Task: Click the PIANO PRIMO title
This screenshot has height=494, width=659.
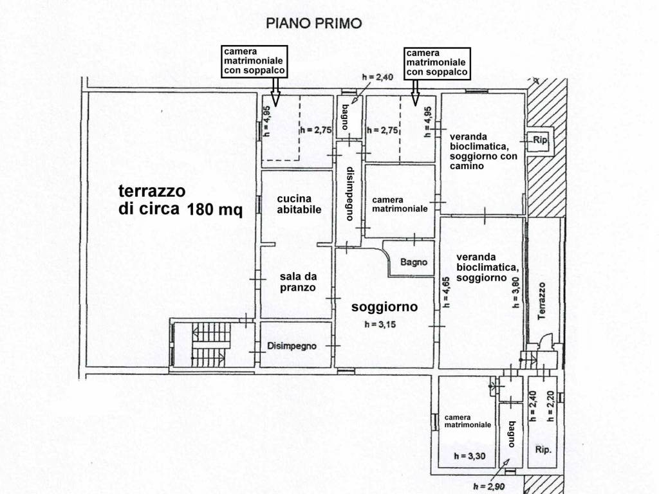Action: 314,24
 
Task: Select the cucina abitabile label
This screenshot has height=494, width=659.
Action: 299,204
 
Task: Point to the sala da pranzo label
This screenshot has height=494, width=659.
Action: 298,282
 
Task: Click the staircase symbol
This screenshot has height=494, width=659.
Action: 208,343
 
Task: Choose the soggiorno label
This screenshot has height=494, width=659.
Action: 385,307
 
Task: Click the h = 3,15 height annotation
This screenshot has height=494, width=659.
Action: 385,325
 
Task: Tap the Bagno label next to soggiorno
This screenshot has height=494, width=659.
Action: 413,262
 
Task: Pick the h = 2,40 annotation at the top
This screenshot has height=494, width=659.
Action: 377,77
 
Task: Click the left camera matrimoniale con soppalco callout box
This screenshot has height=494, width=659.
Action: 254,62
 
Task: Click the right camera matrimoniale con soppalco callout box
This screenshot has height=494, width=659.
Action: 437,62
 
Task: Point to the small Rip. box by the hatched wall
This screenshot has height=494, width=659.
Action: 538,139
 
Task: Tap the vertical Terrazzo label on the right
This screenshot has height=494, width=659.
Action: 542,302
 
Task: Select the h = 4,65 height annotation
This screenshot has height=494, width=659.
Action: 446,289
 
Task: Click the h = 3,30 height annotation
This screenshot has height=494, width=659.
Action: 468,456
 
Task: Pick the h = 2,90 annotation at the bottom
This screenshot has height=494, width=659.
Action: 488,486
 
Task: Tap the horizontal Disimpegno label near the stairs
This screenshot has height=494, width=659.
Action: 292,346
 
